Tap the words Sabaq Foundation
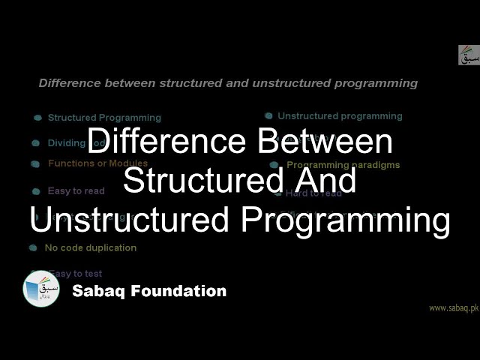point(149,291)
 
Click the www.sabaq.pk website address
point(453,308)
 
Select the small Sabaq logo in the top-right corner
point(469,55)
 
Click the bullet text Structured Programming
point(104,118)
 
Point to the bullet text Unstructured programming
point(340,116)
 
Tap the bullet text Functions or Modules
point(97,163)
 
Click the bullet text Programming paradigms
point(343,165)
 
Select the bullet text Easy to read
point(76,191)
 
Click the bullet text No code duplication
point(90,247)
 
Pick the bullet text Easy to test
point(75,274)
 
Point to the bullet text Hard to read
point(313,193)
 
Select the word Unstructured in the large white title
point(118,221)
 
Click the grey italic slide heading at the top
point(228,83)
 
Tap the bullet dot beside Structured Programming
point(37,118)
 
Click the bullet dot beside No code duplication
point(33,247)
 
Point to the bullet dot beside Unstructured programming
point(268,116)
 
